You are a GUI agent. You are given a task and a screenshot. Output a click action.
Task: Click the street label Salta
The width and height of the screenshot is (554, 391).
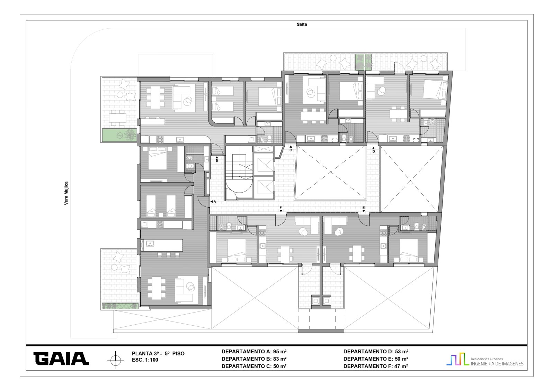point(302,25)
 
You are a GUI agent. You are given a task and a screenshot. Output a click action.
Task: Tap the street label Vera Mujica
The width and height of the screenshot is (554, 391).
point(66,193)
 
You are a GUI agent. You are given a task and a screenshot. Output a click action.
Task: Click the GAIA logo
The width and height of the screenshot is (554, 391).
point(61,359)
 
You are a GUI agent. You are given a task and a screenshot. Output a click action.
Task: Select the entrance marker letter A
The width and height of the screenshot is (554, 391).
point(215,202)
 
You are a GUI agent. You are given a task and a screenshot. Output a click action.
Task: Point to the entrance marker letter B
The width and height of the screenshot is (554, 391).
point(217,160)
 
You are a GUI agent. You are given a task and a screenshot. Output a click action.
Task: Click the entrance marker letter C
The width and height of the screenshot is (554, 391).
point(291,150)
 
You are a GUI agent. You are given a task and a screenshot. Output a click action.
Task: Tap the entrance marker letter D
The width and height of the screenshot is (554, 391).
point(374,151)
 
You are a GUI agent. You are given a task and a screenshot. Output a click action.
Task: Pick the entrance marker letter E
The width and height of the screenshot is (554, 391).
point(364,208)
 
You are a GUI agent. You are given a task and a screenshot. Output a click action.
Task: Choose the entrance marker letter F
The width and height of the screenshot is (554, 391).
point(281,208)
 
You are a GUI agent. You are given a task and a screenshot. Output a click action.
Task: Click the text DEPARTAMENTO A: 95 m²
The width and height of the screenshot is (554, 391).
point(254,352)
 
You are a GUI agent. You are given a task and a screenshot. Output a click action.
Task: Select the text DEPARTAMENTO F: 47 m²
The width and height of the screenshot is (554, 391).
point(376,366)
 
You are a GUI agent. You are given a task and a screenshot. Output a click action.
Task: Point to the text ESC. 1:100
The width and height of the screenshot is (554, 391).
point(145,360)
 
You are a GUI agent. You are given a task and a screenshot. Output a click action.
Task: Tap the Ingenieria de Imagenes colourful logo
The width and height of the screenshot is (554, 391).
point(485,360)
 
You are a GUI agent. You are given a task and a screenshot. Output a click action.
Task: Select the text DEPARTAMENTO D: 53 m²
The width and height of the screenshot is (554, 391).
point(376,352)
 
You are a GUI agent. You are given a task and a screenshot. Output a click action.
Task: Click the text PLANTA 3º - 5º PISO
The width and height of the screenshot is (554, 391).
point(158,353)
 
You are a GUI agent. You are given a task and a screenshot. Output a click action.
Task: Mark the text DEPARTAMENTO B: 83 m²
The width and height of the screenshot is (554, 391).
point(254,359)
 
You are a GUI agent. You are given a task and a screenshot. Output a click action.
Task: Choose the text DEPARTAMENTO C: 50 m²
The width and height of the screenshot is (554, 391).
point(254,366)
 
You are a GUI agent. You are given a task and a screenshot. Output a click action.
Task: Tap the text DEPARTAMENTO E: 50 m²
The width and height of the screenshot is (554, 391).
point(376,359)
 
